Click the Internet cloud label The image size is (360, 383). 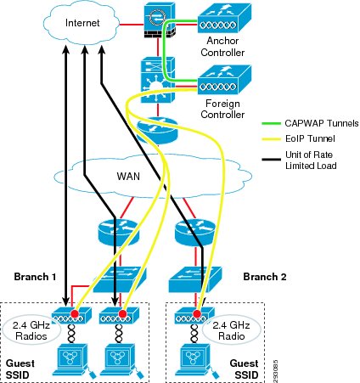82,23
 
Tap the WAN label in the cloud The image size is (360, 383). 128,177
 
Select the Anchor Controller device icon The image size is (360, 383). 224,18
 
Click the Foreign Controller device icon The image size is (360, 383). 224,80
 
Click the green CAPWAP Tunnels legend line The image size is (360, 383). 272,123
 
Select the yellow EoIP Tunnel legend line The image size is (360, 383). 272,139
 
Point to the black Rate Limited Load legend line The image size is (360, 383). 272,160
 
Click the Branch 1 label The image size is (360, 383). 35,277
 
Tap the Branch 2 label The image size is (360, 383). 265,277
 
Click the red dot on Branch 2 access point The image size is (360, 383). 197,313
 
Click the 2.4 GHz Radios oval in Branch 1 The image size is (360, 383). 31,330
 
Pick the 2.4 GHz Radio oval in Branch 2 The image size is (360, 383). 231,330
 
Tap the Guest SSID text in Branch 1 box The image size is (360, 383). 20,369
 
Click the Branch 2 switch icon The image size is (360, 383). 195,279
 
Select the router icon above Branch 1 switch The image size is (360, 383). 119,232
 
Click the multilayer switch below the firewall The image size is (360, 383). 158,80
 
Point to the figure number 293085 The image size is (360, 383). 276,371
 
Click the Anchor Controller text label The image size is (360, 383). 222,47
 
